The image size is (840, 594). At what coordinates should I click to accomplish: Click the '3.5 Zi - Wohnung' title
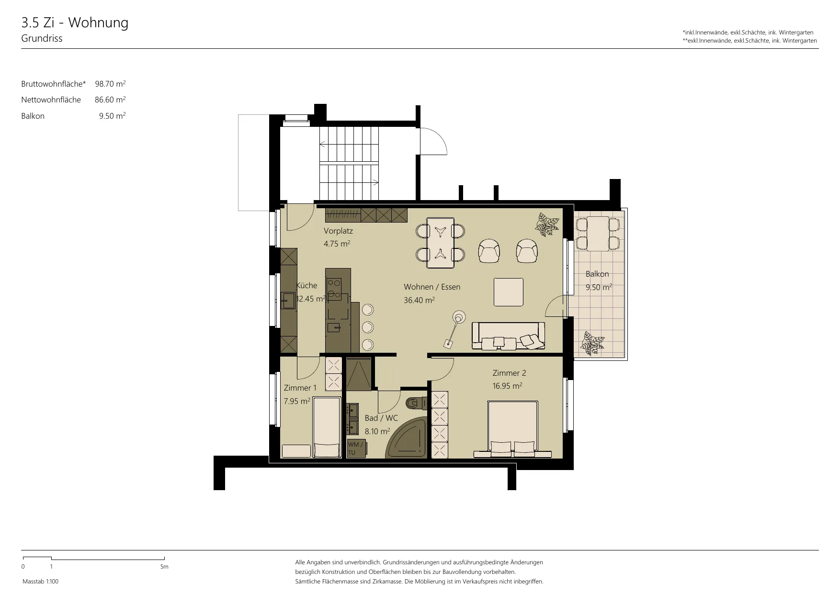pos(75,23)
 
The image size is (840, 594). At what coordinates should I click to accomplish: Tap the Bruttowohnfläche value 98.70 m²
pos(110,84)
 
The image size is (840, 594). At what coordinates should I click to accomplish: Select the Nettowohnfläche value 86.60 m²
pos(110,100)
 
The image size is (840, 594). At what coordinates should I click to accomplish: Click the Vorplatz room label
pos(338,231)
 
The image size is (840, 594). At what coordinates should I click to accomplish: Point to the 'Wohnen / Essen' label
pos(432,287)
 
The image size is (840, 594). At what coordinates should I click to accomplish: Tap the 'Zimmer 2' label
pos(510,373)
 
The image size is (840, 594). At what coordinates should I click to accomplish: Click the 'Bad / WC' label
pos(381,418)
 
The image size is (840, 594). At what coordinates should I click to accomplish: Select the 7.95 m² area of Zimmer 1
pos(297,401)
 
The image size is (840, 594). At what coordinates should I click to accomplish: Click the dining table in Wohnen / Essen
pos(440,242)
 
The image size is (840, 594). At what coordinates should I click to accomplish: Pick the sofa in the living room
pos(508,336)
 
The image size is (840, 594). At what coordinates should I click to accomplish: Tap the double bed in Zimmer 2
pos(512,426)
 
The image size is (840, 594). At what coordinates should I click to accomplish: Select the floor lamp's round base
pos(459,316)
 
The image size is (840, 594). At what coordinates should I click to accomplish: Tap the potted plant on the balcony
pos(592,343)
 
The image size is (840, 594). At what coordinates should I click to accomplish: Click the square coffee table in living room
pos(509,291)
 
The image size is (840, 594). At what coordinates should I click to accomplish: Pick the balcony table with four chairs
pos(598,234)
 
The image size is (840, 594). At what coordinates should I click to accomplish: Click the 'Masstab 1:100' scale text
pos(40,582)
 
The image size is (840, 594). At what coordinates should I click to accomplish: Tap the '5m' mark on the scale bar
pos(164,567)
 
